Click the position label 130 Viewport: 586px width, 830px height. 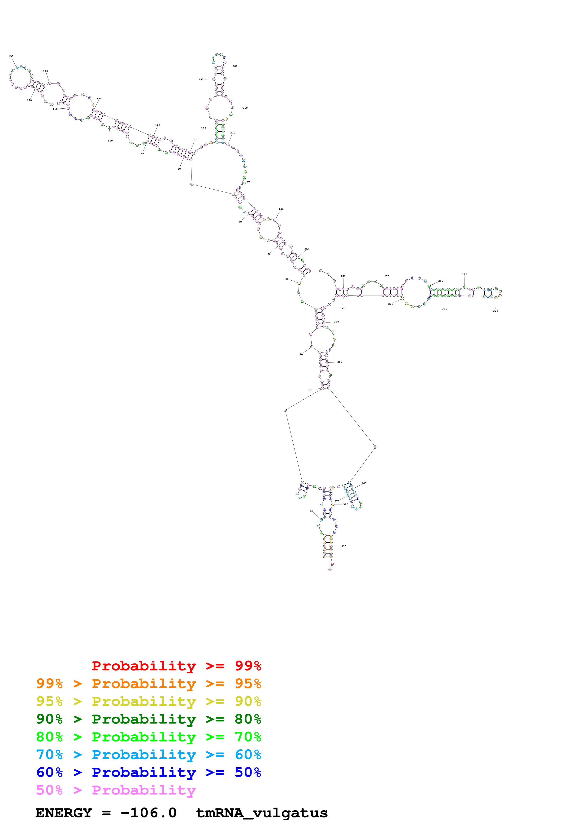click(x=11, y=56)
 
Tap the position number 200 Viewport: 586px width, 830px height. click(x=235, y=66)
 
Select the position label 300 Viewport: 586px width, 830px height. click(x=495, y=311)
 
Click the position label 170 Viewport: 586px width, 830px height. click(x=195, y=141)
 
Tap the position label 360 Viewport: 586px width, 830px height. click(x=364, y=483)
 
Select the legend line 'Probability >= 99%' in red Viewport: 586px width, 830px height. click(x=176, y=666)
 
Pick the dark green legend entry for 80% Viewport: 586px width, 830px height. click(x=149, y=719)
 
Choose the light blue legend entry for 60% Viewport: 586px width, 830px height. click(x=149, y=755)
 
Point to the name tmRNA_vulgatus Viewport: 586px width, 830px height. click(x=262, y=813)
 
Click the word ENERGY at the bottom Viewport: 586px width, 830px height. click(x=64, y=813)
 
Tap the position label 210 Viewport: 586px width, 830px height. click(x=245, y=108)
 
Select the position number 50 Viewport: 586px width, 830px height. click(x=287, y=279)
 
